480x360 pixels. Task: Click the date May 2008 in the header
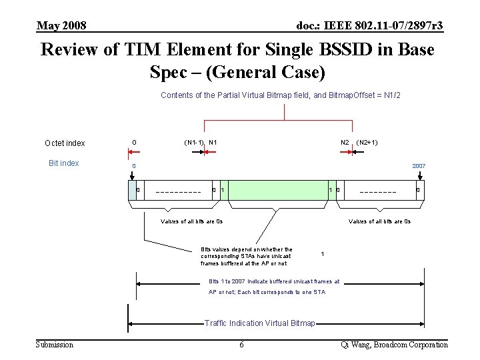61,25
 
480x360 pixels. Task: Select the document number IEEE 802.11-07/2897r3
369,25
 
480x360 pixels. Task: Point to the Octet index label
65,143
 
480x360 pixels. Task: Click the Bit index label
64,163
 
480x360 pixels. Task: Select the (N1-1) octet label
194,142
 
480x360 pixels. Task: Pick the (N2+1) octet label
367,142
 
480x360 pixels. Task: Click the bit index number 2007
419,166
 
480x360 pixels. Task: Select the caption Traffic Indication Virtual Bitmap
260,323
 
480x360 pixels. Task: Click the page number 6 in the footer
241,344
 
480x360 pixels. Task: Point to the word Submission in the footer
55,344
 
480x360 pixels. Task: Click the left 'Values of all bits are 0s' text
192,221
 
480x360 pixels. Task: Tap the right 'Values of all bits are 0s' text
379,221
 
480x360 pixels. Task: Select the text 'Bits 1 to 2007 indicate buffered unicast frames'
274,281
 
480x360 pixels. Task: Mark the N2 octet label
345,142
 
